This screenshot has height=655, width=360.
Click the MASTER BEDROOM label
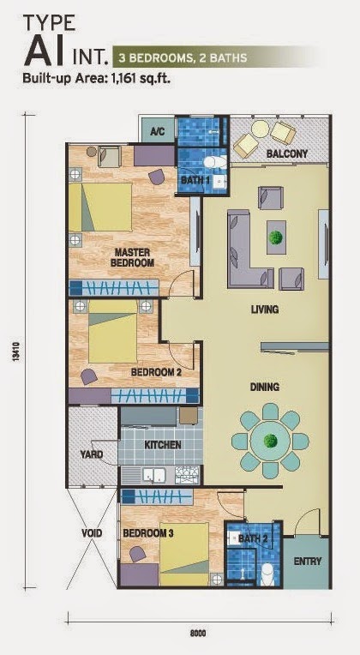click(x=135, y=257)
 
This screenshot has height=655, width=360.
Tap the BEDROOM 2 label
click(x=156, y=373)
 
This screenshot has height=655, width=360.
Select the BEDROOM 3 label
click(x=148, y=532)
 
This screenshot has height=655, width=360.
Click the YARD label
click(x=91, y=454)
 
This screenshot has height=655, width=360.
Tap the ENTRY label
click(x=307, y=562)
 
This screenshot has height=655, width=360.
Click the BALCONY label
click(x=286, y=154)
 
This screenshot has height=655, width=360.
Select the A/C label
click(x=158, y=132)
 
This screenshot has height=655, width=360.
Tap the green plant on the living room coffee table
click(x=276, y=237)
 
